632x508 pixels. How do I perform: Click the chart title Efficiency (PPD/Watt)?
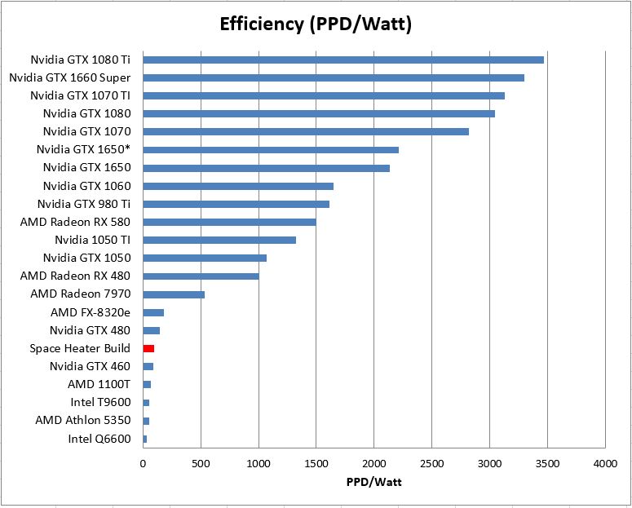click(316, 24)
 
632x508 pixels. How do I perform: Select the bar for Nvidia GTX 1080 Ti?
click(343, 60)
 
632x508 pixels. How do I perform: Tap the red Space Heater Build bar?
click(148, 348)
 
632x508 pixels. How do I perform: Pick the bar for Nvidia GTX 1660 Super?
click(334, 77)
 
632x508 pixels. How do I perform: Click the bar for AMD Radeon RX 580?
click(229, 222)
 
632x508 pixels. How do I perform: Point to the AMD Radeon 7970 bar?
click(174, 294)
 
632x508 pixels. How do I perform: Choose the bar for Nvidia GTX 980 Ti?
click(236, 204)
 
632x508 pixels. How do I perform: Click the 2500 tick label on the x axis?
click(431, 464)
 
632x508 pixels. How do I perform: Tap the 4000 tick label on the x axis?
click(604, 464)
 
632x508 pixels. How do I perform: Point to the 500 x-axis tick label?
click(201, 464)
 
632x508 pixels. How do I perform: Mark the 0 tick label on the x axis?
click(144, 464)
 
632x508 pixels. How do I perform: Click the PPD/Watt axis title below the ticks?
click(373, 482)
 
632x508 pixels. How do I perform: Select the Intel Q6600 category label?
click(99, 439)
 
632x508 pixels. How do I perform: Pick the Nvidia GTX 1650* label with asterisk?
click(83, 149)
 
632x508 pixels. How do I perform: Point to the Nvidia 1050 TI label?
click(92, 240)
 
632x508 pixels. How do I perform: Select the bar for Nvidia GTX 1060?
click(238, 186)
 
